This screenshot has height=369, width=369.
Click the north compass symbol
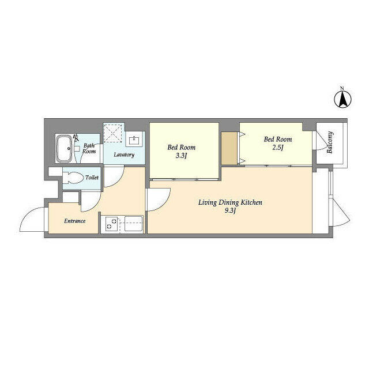pos(343,98)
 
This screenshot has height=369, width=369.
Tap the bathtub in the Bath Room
pos(64,148)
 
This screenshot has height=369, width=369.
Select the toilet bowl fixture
pos(73,178)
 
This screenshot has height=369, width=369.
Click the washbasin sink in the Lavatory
pos(134,140)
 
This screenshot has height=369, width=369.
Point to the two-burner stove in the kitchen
pos(111,224)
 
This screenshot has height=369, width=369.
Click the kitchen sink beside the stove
pos(133,224)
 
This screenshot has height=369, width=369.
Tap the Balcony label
pos(330,142)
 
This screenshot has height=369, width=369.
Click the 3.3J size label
pos(181,156)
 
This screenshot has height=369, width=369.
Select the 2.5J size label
pos(278,148)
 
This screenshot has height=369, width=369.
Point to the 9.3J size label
pos(230,210)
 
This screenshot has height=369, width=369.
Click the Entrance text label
pos(75,221)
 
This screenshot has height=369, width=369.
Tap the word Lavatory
pos(124,155)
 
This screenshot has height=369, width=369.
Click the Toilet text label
pos(92,178)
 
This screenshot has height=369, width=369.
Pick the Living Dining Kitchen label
pos(230,202)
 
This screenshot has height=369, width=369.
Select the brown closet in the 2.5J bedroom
pos(229,148)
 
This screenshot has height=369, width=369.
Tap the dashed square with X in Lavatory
pos(113,133)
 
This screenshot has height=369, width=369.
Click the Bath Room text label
pos(89,149)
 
